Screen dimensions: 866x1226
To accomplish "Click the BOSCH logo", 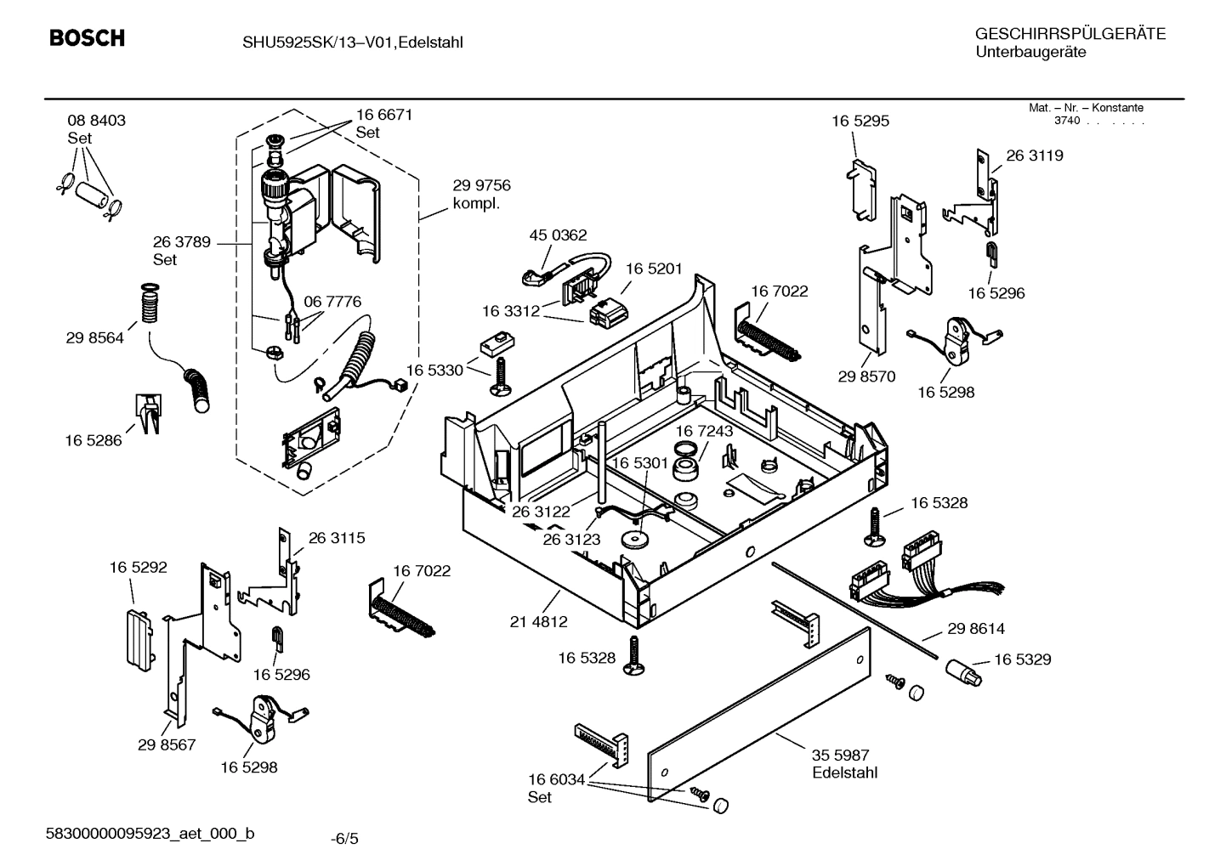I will coord(87,38).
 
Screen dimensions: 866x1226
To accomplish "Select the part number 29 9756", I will coord(481,186).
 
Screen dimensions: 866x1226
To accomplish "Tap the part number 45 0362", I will coord(558,235).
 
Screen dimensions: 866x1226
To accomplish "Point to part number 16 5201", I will coord(654,269).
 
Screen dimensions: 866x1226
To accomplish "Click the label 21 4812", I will coord(538,622).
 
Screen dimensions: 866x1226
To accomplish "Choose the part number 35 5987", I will coord(840,755).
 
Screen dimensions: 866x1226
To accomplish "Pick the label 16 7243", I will coord(704,432).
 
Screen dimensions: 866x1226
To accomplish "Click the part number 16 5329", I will coord(1022,659).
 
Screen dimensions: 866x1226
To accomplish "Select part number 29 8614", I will coord(976,629).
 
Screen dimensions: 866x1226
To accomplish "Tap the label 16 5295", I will coord(860,121).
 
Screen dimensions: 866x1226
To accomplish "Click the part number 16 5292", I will coord(138,567).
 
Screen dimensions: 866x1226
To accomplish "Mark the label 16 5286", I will coord(94,440).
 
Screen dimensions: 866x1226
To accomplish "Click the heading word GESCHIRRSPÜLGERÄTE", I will coord(1070,35).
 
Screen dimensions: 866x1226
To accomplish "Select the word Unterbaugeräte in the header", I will coord(1030,53).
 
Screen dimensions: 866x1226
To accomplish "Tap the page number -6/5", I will coord(344,839).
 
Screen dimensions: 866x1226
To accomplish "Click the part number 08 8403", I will coord(96,121).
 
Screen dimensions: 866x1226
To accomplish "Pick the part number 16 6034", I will coord(556,779).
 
